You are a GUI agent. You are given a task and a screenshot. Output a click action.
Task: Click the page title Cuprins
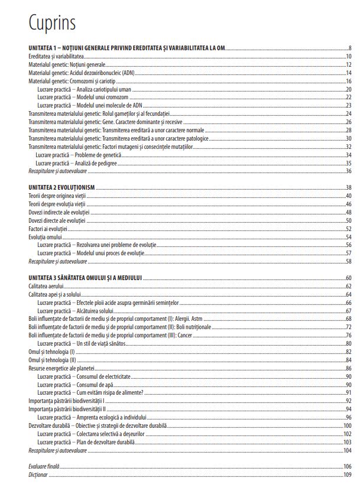tap(52, 23)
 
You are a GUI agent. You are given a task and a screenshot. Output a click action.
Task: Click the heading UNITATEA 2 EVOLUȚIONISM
tap(62, 187)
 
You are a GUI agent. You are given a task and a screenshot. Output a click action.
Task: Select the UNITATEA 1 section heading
tap(127, 48)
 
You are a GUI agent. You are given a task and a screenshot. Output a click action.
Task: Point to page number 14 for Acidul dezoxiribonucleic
tap(349, 73)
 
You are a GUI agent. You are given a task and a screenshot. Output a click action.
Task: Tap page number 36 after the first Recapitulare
tap(349, 171)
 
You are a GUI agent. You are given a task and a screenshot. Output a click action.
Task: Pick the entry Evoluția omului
tap(45, 236)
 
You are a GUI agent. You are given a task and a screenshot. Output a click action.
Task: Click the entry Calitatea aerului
tap(46, 286)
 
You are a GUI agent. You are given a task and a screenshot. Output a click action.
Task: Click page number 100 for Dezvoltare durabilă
tap(348, 425)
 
